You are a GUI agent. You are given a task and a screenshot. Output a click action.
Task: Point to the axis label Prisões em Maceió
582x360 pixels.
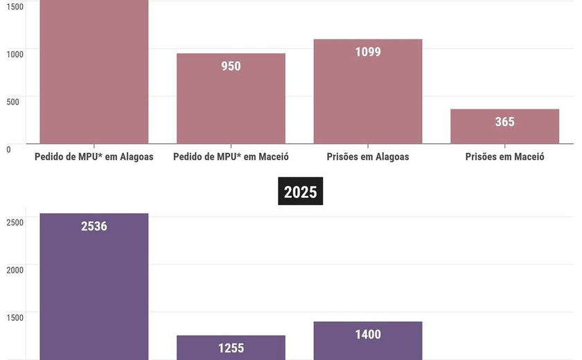(x=504, y=156)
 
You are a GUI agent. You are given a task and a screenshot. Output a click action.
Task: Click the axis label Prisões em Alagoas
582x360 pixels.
(x=368, y=156)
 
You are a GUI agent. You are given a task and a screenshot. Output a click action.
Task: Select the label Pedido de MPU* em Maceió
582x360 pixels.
(x=231, y=156)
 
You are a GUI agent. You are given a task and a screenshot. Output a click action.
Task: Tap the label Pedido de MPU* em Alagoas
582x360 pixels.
(x=94, y=156)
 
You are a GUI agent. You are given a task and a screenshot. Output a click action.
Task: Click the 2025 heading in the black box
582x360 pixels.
(x=300, y=192)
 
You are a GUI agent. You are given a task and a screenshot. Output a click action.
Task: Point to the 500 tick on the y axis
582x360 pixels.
(x=13, y=101)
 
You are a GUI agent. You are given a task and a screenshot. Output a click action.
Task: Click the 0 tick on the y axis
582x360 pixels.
(x=8, y=149)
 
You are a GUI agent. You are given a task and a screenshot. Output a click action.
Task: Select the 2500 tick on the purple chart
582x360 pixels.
(x=15, y=222)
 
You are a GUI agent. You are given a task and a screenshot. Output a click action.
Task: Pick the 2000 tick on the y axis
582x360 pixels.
(x=15, y=270)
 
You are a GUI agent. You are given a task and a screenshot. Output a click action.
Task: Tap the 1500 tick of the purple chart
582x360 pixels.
(x=15, y=318)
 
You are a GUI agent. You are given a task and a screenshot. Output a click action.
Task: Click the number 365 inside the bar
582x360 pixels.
(x=504, y=122)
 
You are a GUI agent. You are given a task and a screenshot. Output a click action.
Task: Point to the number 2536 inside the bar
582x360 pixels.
(x=94, y=226)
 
